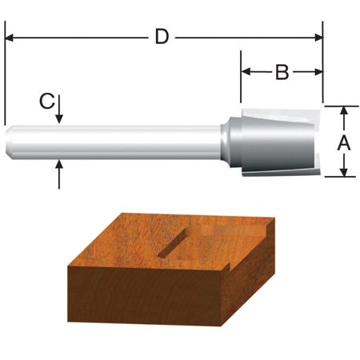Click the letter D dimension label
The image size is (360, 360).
[162, 37]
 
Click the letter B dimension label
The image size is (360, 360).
[282, 73]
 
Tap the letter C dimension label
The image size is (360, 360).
[47, 101]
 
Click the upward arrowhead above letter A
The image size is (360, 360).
[343, 112]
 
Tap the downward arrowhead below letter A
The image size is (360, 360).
[343, 171]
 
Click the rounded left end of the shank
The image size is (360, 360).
[10, 142]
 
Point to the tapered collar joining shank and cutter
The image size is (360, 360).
[231, 142]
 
